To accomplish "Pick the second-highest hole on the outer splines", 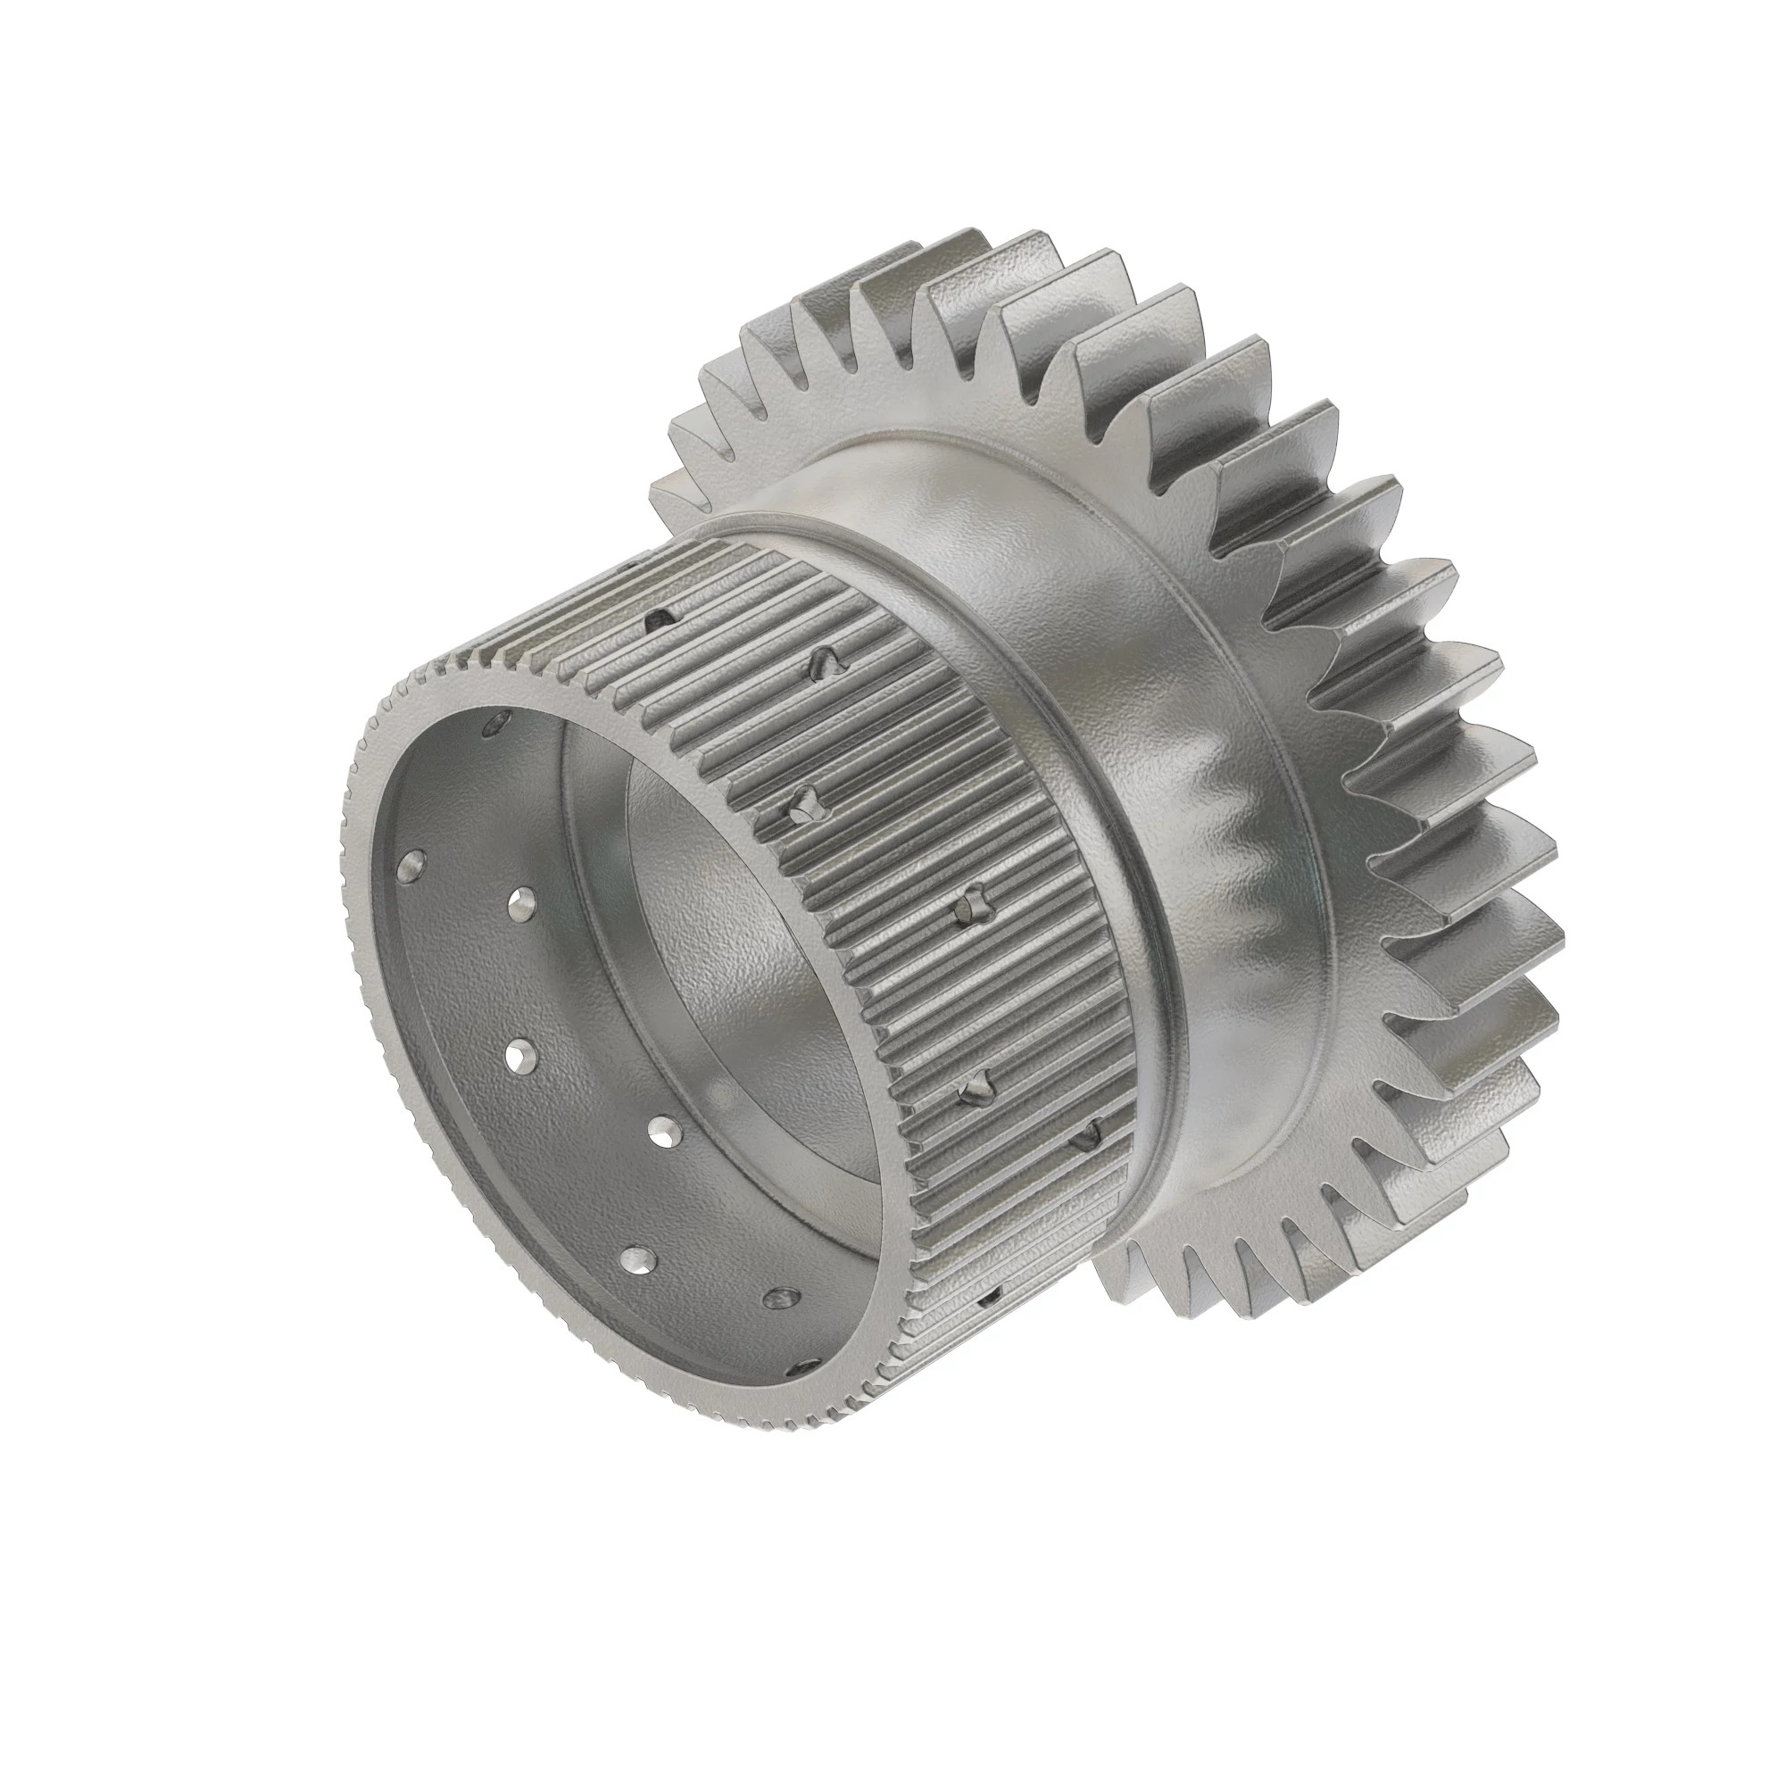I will coord(825,659).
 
